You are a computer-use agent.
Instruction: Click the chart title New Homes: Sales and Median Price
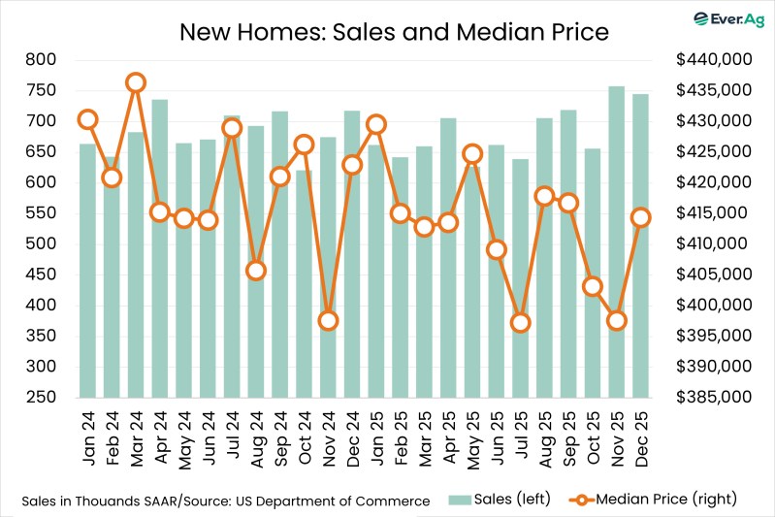394,32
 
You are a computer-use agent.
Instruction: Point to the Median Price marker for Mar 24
136,82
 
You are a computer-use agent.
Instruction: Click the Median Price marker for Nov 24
328,320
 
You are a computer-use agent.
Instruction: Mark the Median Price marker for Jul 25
521,323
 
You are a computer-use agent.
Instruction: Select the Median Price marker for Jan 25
376,124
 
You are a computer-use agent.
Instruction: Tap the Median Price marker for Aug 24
256,271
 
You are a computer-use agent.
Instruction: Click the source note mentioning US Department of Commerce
225,501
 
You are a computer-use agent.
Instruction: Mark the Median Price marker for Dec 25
641,217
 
